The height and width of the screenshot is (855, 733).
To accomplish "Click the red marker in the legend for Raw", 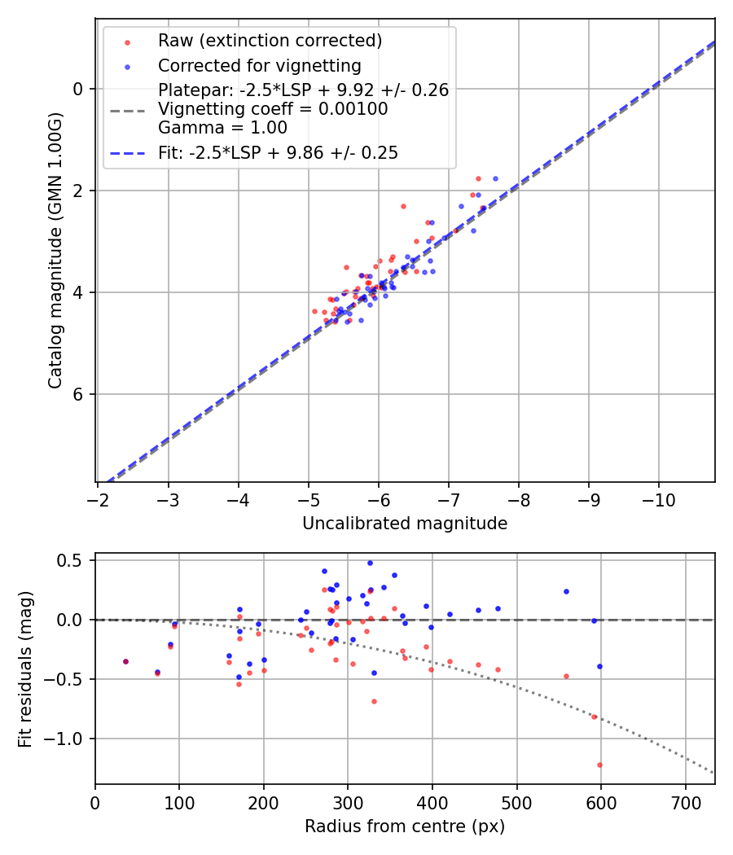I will point(125,41).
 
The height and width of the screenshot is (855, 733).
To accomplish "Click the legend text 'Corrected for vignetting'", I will point(259,65).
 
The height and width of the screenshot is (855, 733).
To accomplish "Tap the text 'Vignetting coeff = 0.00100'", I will point(273,109).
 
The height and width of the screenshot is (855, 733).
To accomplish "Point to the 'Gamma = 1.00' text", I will point(222,128).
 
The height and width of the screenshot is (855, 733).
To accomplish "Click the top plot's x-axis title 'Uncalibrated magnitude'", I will point(405,524).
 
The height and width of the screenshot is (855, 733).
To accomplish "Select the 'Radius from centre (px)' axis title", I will point(405,826).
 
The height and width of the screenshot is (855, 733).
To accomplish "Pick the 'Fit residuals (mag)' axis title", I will point(25,669).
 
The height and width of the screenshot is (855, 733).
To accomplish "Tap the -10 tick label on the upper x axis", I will point(659,499).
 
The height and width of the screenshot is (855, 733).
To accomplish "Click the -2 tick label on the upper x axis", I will point(98,499).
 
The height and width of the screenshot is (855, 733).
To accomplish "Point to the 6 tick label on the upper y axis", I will point(79,394).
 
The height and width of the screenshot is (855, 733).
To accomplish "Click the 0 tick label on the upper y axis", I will point(79,89).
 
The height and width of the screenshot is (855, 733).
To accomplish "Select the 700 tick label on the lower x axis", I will point(685,802).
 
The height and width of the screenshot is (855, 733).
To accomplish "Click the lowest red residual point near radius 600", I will point(600,765).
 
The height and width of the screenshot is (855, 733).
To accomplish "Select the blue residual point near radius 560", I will point(566,591).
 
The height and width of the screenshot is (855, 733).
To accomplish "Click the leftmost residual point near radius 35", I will point(125,661).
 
